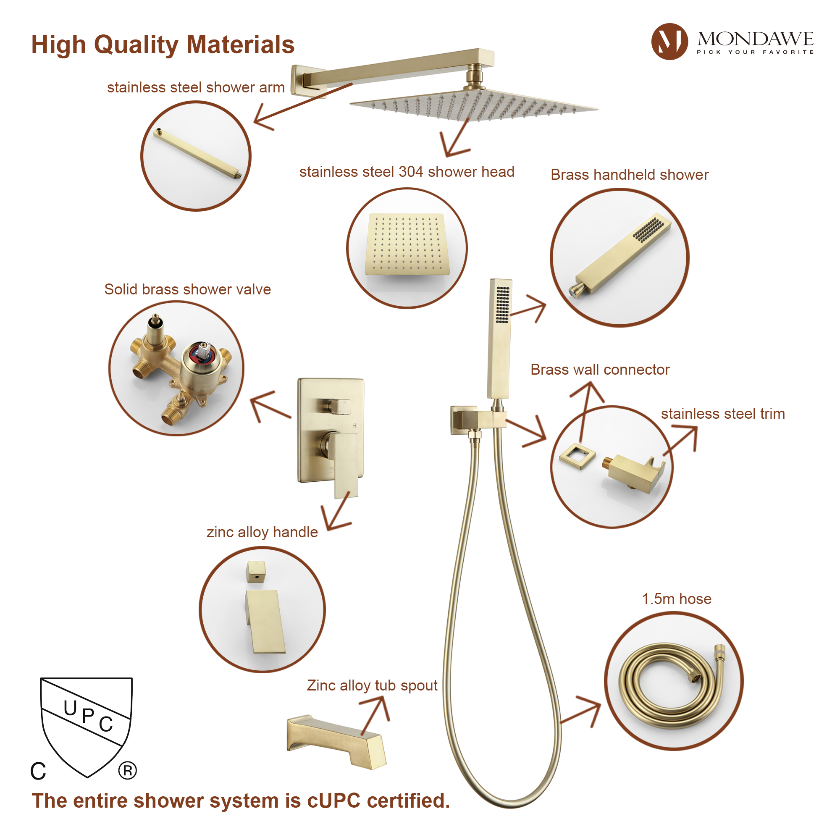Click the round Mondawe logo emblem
pos(669,41)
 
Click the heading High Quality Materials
pos(163,45)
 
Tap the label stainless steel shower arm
pos(196,87)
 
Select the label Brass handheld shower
pos(629,174)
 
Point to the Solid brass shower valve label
pos(187,289)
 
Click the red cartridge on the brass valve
pos(202,353)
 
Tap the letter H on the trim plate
pos(354,425)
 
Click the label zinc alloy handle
pos(262,532)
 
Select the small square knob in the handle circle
pos(256,571)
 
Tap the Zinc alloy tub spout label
pos(372,685)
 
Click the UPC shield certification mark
pos(86,724)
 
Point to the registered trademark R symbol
pos(127,771)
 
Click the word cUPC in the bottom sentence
pos(334,801)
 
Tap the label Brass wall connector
pos(600,370)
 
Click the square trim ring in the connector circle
pos(577,456)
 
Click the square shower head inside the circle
pos(407,244)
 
